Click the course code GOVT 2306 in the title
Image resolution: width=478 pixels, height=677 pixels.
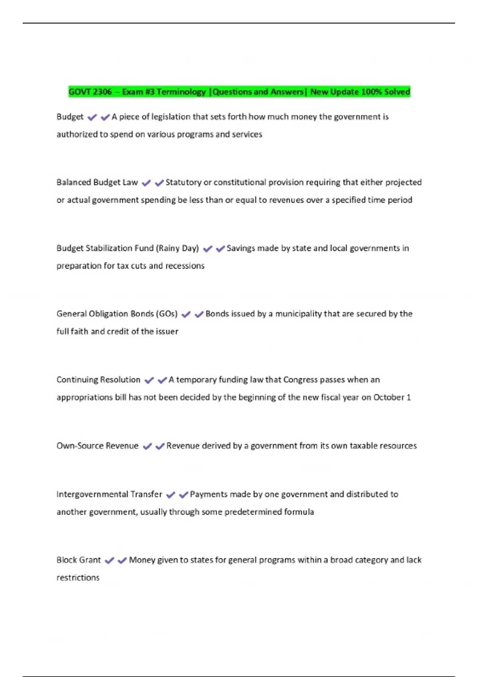click(90, 92)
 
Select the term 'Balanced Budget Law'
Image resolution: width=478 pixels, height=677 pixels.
click(97, 182)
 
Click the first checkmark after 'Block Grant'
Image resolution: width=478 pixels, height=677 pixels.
click(110, 561)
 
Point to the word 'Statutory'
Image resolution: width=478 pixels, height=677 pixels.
click(184, 182)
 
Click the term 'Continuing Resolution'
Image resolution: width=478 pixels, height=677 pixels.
click(98, 380)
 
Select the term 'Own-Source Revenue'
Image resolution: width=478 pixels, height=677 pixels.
click(98, 446)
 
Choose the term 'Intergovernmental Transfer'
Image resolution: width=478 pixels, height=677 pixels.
click(109, 495)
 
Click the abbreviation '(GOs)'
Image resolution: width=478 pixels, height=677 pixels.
click(167, 314)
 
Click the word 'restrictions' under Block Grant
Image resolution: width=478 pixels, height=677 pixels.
click(78, 578)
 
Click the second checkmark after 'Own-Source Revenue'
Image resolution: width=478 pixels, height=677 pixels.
click(160, 446)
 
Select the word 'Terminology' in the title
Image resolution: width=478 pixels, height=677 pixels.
click(181, 92)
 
